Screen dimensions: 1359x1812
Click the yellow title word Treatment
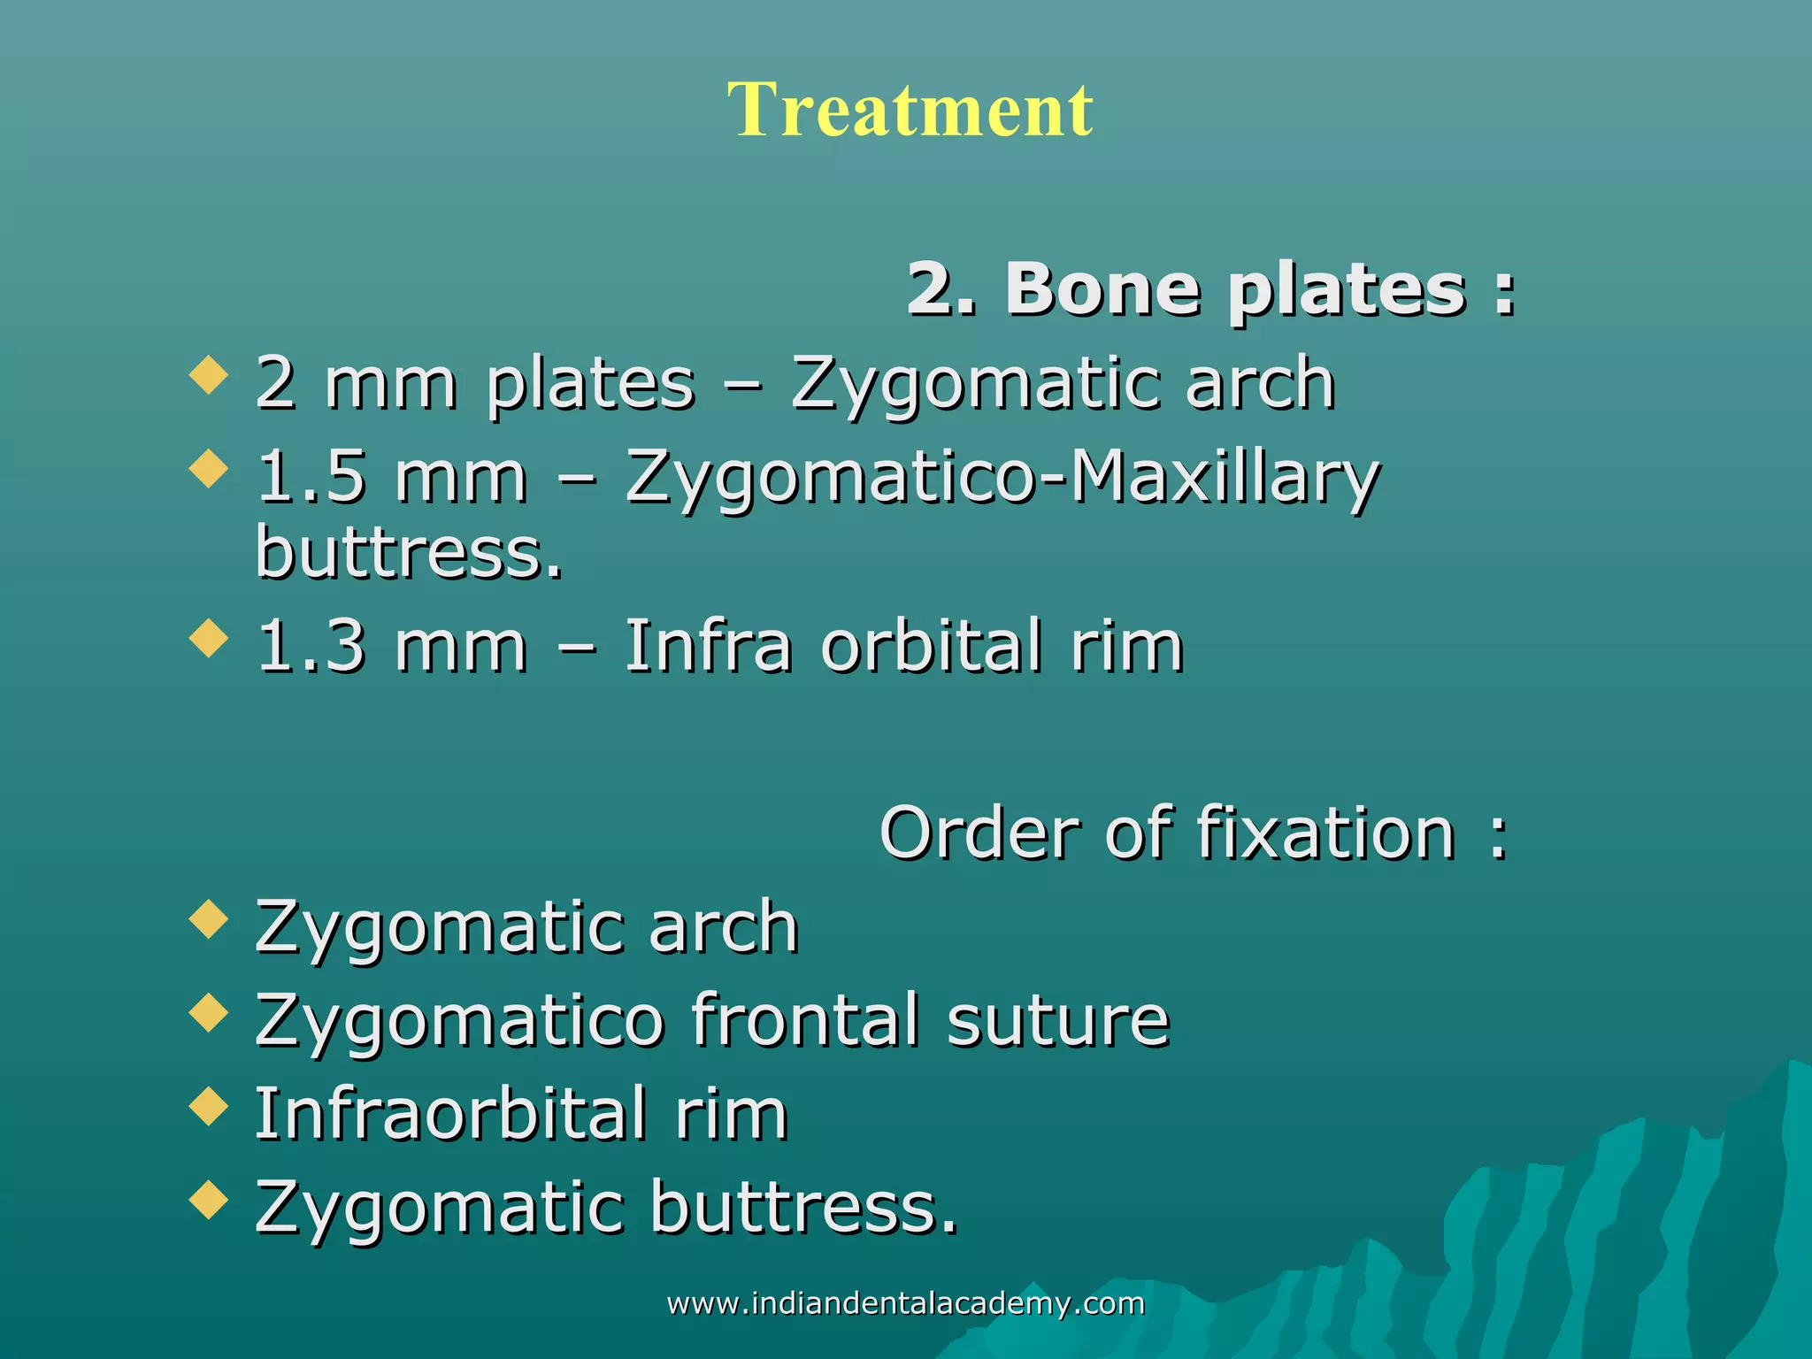[x=910, y=110]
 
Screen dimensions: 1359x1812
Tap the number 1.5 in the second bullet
[x=311, y=477]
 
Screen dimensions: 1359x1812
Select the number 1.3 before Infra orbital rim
[x=311, y=647]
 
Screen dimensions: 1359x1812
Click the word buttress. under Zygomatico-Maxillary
[x=409, y=552]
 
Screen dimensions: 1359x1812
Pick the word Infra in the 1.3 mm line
[x=708, y=647]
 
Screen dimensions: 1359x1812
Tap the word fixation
[x=1326, y=833]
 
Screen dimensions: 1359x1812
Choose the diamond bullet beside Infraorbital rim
[x=209, y=1106]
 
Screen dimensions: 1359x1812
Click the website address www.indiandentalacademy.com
[x=905, y=1303]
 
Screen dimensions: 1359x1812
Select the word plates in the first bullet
[x=591, y=385]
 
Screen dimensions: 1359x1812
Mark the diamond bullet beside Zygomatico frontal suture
[x=209, y=1012]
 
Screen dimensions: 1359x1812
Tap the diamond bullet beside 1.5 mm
[x=209, y=468]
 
